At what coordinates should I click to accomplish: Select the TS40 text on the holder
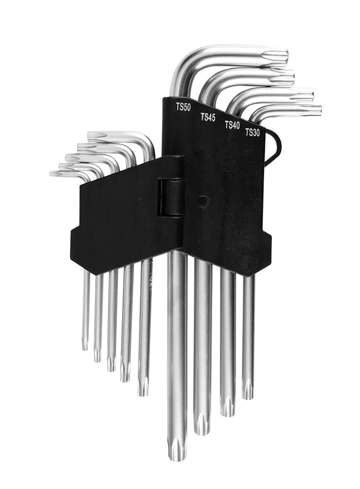click(x=232, y=125)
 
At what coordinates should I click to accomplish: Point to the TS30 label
click(x=253, y=133)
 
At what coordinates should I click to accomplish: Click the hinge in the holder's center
click(x=171, y=197)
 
